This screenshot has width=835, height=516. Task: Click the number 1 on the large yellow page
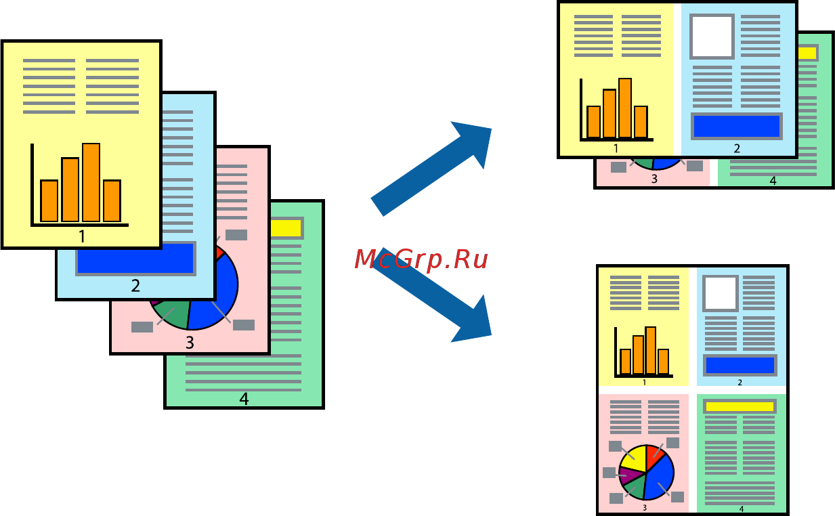point(82,236)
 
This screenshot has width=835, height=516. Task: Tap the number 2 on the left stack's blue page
point(135,286)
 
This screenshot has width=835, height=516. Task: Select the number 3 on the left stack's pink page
point(190,343)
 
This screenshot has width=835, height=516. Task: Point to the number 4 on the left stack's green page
point(244,400)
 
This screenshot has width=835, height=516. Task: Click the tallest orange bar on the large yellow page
point(91,181)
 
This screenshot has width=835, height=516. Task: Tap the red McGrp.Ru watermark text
point(421,259)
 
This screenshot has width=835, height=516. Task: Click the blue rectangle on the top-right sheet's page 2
point(736,126)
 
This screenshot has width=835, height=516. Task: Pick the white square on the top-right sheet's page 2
point(712,36)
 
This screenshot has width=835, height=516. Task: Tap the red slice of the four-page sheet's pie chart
point(654,456)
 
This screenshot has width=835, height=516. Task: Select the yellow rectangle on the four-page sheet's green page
point(739,406)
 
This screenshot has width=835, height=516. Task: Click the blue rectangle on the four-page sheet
point(740,365)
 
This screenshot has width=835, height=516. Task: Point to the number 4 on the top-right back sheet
point(773,181)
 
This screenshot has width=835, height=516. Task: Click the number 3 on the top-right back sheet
point(654,179)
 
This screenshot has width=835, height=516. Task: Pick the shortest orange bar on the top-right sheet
point(594,121)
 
